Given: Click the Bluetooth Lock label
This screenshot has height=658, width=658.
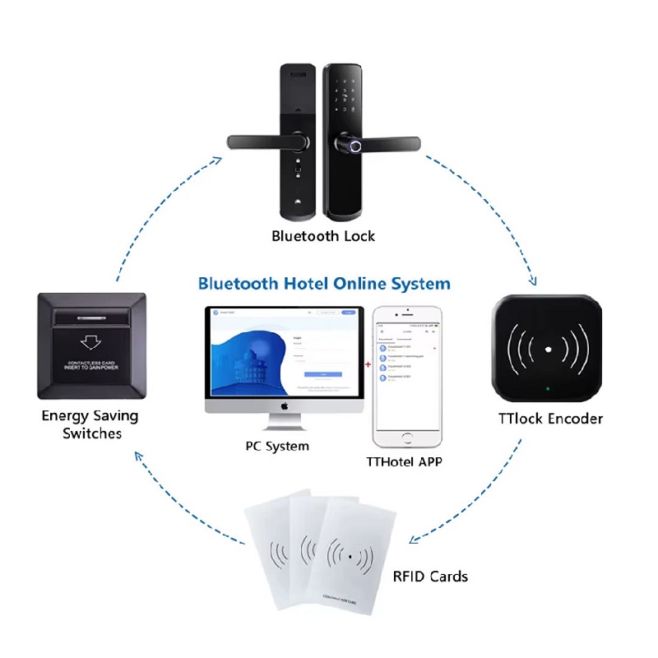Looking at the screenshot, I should [323, 237].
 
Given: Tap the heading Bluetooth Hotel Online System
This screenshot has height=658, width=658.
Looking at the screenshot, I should [324, 284].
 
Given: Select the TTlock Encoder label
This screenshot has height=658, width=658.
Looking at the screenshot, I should [550, 419].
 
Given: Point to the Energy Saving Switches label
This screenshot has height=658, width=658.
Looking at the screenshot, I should [90, 424].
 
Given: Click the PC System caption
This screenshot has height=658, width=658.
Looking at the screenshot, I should [277, 447].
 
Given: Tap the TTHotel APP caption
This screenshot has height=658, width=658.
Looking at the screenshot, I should [404, 462].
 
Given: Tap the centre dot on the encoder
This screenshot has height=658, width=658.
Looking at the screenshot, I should [547, 350].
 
